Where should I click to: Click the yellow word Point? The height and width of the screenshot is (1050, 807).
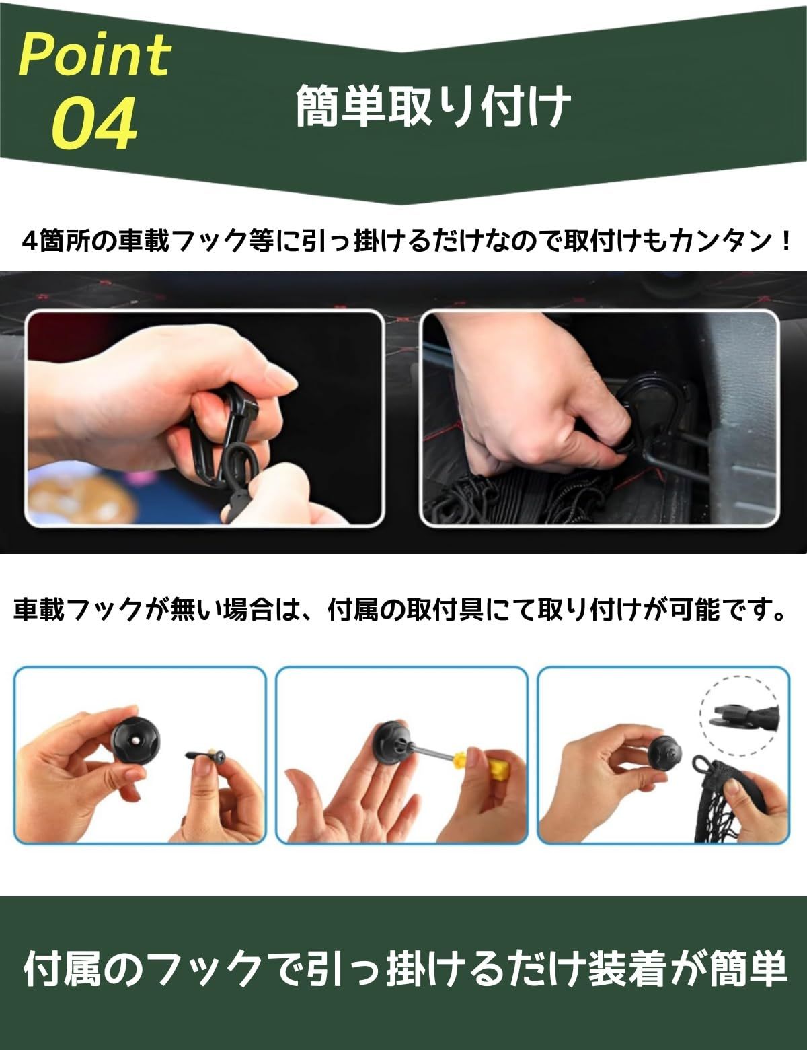click(95, 55)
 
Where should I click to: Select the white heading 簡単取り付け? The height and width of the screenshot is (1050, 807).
click(433, 106)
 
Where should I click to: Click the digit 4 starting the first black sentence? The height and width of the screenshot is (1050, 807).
click(30, 242)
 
